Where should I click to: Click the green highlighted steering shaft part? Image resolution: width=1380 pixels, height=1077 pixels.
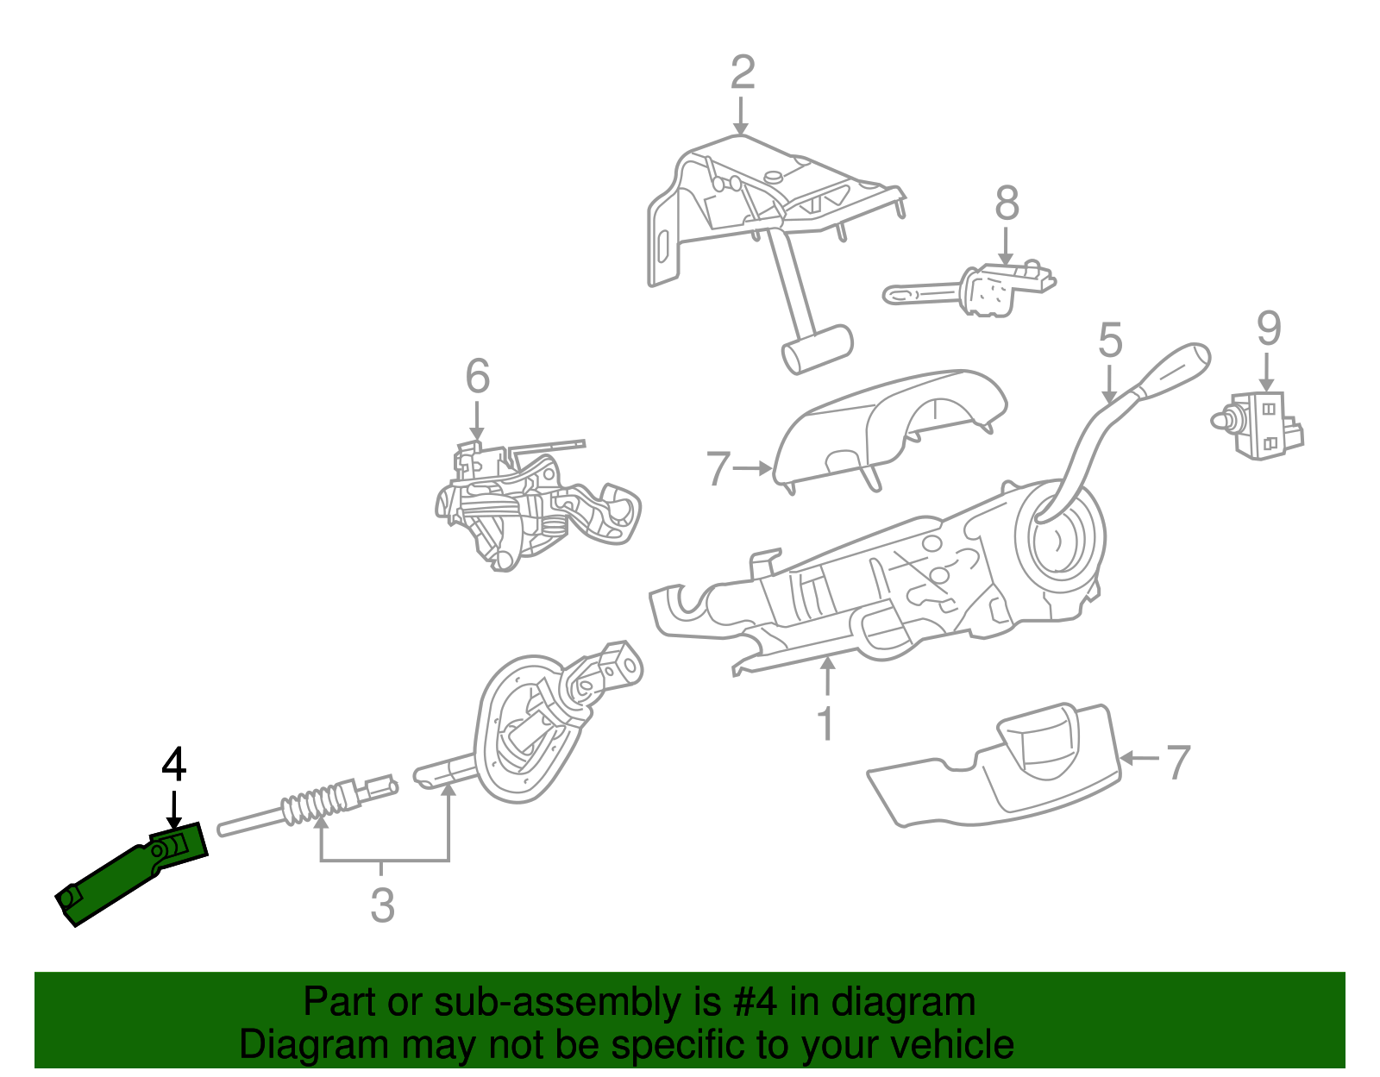(x=129, y=875)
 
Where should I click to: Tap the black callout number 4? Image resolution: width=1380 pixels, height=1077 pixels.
(x=173, y=766)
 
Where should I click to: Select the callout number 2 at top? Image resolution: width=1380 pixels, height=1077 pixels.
(x=742, y=73)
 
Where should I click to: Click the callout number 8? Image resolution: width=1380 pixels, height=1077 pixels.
(x=1007, y=204)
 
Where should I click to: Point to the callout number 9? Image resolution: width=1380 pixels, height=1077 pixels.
(x=1268, y=329)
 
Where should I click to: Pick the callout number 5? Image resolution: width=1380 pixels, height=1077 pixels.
(x=1110, y=340)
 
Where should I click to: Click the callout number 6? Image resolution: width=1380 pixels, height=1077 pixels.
(x=477, y=377)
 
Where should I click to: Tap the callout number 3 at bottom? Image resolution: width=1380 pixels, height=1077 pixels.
(x=382, y=906)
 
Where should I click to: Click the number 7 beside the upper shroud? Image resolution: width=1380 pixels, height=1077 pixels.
(x=718, y=470)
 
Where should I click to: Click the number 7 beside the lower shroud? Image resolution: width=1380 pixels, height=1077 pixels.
(x=1177, y=762)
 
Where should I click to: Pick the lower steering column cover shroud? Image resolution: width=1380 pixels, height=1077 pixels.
(x=1000, y=772)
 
